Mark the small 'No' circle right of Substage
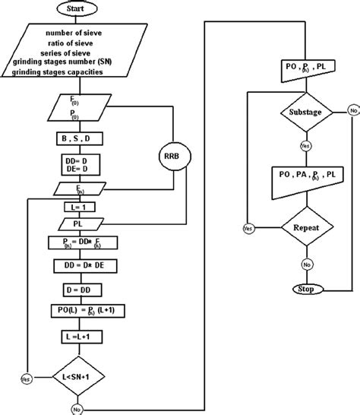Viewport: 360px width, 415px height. tap(354, 112)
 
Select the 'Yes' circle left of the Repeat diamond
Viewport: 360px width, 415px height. tap(248, 227)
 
